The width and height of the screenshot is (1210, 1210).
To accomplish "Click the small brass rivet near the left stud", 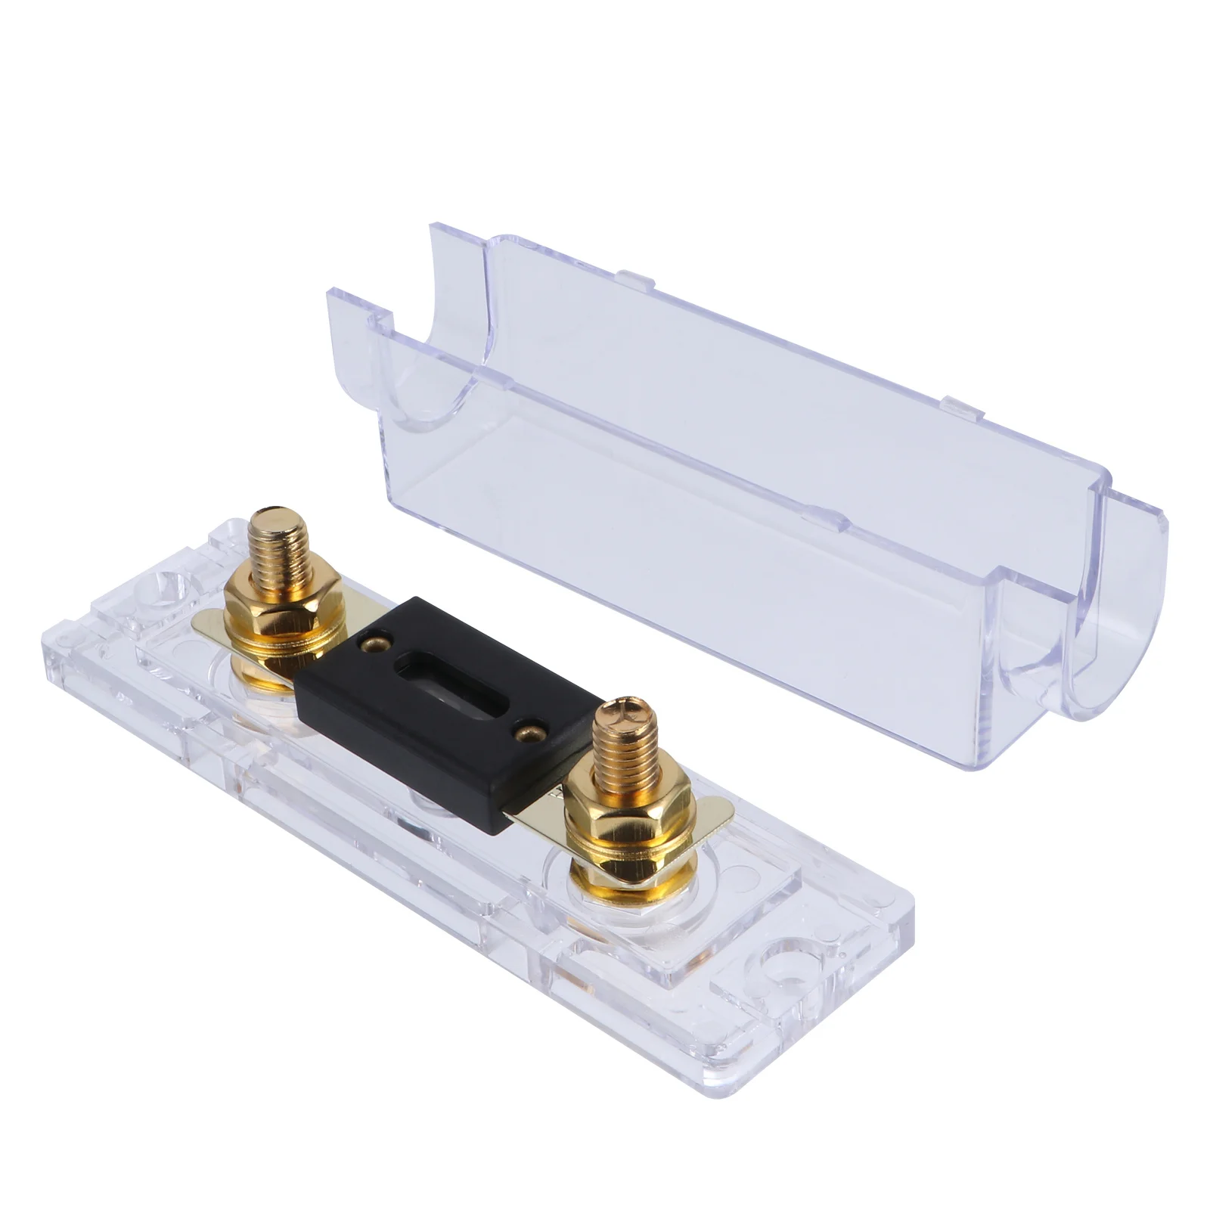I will (x=371, y=644).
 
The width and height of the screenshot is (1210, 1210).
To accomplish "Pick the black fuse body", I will (x=446, y=711).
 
